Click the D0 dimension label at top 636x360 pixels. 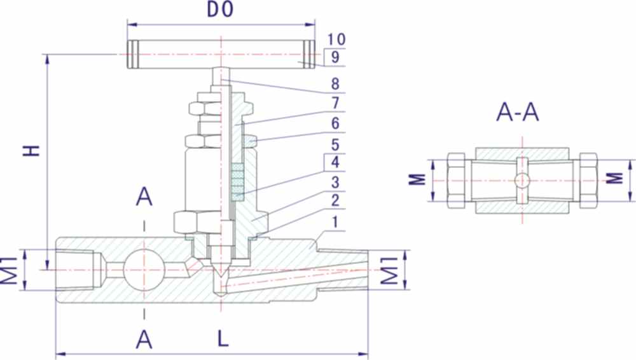click(221, 11)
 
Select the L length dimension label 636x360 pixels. click(223, 339)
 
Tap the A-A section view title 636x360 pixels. click(518, 113)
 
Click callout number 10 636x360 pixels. click(336, 39)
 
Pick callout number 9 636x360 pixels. click(336, 57)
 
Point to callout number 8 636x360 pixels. click(336, 84)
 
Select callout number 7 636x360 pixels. click(336, 103)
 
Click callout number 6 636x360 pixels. click(336, 122)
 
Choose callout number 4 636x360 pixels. click(336, 162)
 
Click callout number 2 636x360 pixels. click(336, 202)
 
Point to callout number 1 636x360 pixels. click(336, 222)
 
